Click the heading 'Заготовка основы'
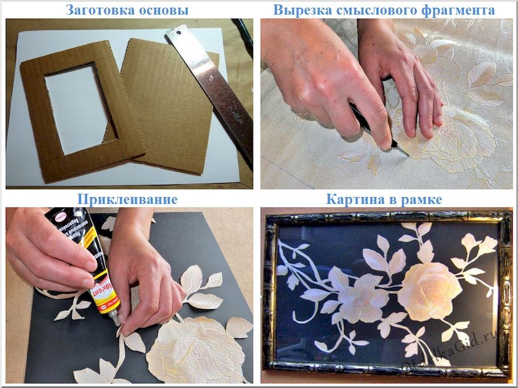coord(127,10)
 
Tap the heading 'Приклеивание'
coord(127,199)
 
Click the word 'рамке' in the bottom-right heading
coord(427,199)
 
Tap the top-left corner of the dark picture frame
coord(269,216)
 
